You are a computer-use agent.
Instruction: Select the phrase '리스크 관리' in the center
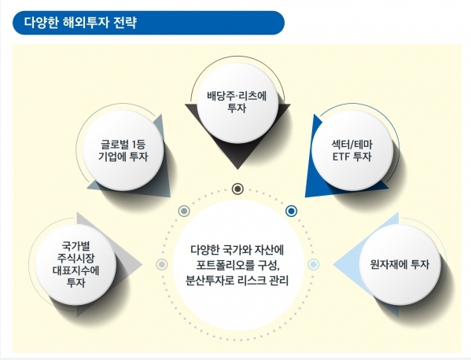pos(263,278)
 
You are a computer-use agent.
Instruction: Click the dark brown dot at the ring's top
pos(237,189)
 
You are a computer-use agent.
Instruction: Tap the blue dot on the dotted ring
pos(291,211)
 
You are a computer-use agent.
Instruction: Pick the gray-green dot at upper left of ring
pos(184,211)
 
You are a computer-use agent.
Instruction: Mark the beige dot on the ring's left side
pos(162,264)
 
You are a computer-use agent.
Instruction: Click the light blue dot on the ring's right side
pos(313,264)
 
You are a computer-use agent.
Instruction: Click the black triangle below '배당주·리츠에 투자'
pos(237,157)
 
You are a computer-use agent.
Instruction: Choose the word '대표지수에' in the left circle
pos(76,266)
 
